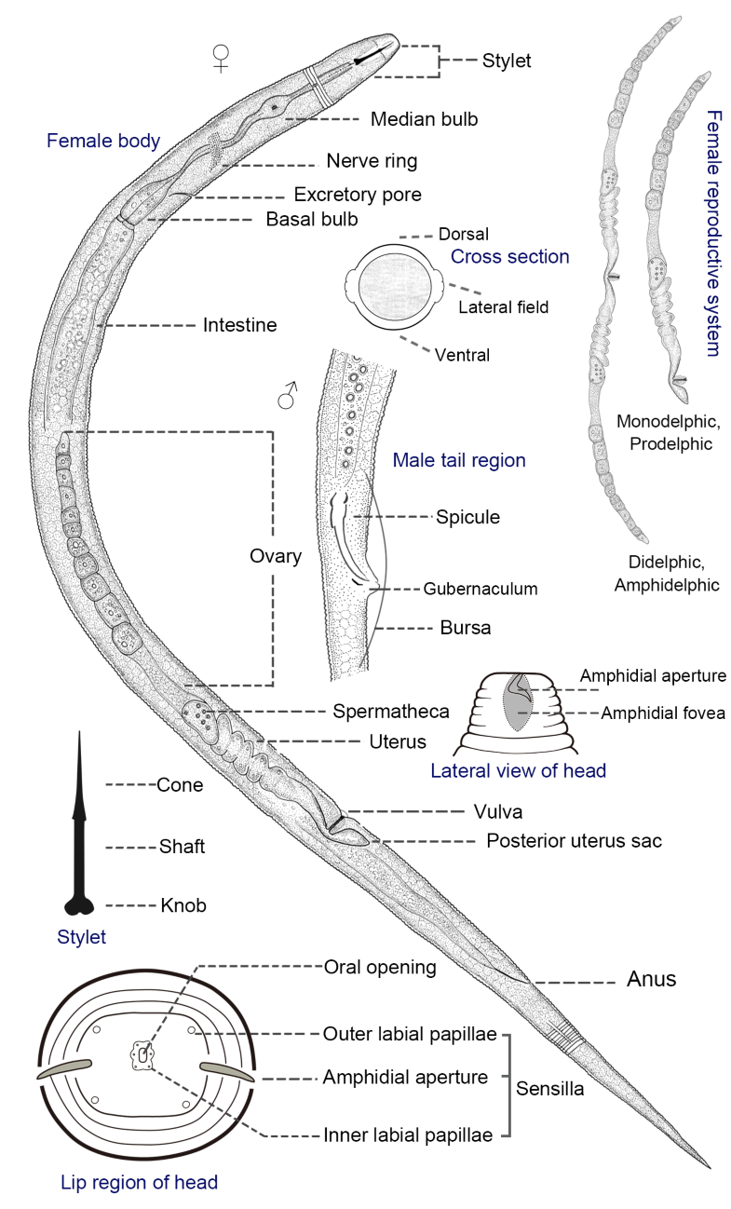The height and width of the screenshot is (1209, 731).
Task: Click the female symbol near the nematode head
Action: (221, 61)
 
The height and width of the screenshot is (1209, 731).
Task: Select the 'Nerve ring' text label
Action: (372, 161)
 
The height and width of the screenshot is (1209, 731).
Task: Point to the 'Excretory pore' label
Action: (358, 195)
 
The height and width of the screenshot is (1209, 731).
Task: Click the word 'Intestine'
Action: (239, 325)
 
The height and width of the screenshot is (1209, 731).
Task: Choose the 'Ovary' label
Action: (276, 556)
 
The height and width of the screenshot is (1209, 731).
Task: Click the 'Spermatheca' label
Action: (391, 711)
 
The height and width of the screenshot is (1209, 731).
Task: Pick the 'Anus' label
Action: (651, 980)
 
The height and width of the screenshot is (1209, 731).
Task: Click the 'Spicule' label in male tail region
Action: (467, 517)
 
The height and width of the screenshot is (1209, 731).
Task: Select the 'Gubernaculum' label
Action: (481, 589)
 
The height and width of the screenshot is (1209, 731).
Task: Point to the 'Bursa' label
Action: (465, 628)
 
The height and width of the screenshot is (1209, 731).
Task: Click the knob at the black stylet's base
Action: (80, 904)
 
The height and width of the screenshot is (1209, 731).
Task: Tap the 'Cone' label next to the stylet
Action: (180, 785)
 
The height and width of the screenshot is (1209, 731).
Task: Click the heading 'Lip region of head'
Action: (138, 1183)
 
